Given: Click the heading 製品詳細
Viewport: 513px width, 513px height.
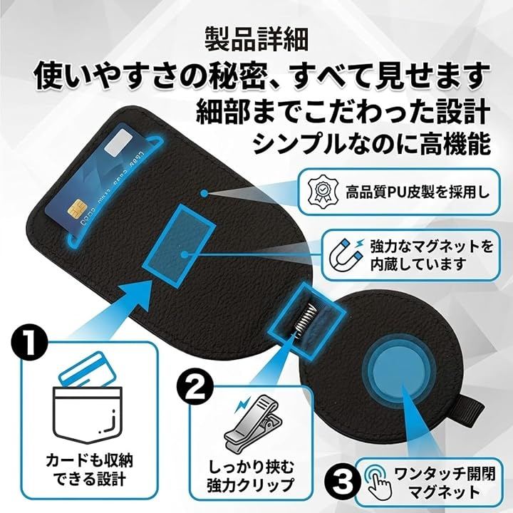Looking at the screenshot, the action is tap(256, 38).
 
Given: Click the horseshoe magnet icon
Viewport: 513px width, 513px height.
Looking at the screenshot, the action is tap(346, 255).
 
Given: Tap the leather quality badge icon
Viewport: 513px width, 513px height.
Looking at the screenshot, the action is tap(323, 192).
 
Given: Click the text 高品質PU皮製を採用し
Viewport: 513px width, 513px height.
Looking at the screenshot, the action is tap(418, 192).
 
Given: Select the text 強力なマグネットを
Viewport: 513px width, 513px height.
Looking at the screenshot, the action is tap(431, 247).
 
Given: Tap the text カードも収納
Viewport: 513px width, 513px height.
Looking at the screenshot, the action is tap(89, 461).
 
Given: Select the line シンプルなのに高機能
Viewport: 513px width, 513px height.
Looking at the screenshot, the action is tap(373, 144).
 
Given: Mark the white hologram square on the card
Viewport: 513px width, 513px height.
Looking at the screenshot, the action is tap(117, 142).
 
